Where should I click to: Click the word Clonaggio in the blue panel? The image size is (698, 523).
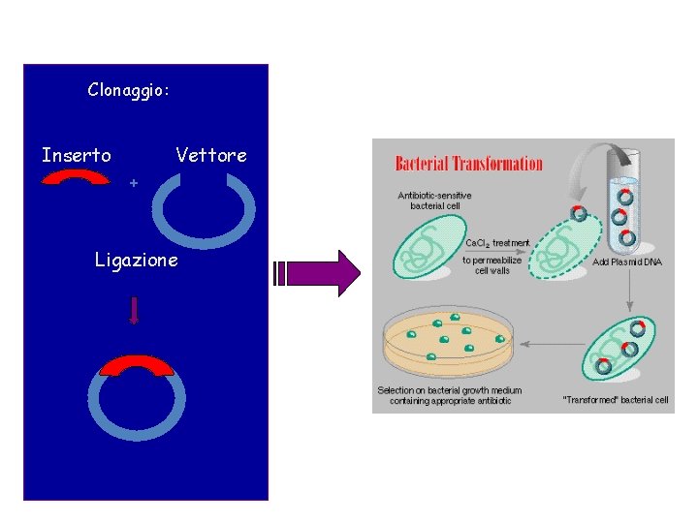pyautogui.click(x=128, y=90)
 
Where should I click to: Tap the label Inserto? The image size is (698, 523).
pyautogui.click(x=76, y=155)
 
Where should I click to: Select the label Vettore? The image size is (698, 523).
pyautogui.click(x=211, y=155)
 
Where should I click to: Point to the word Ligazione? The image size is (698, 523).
pyautogui.click(x=137, y=260)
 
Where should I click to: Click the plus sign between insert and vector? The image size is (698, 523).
pyautogui.click(x=134, y=182)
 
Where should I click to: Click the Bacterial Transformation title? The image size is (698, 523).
pyautogui.click(x=469, y=163)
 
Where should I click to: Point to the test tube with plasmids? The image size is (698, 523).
pyautogui.click(x=625, y=207)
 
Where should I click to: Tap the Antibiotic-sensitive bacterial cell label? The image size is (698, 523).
pyautogui.click(x=434, y=200)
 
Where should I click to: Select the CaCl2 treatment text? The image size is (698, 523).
pyautogui.click(x=498, y=243)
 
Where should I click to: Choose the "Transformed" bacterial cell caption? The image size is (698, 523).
pyautogui.click(x=615, y=400)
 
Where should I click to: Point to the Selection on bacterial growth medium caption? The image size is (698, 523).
pyautogui.click(x=449, y=396)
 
